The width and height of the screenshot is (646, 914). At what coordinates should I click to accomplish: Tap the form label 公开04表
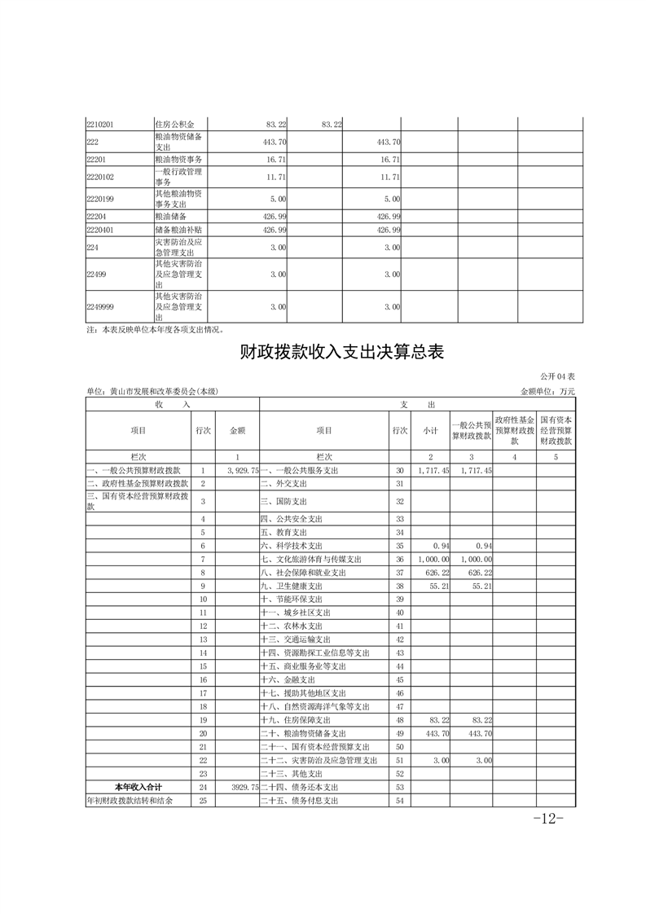[x=557, y=377]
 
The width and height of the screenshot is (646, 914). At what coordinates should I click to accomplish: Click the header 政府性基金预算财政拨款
[x=514, y=429]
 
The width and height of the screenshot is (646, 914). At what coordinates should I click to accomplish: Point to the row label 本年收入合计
[x=138, y=787]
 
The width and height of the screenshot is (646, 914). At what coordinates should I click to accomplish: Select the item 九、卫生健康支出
[x=292, y=586]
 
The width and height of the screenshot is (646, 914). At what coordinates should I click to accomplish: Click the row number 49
[x=399, y=734]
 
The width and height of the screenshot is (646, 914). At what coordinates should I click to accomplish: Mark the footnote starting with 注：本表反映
[x=154, y=330]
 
